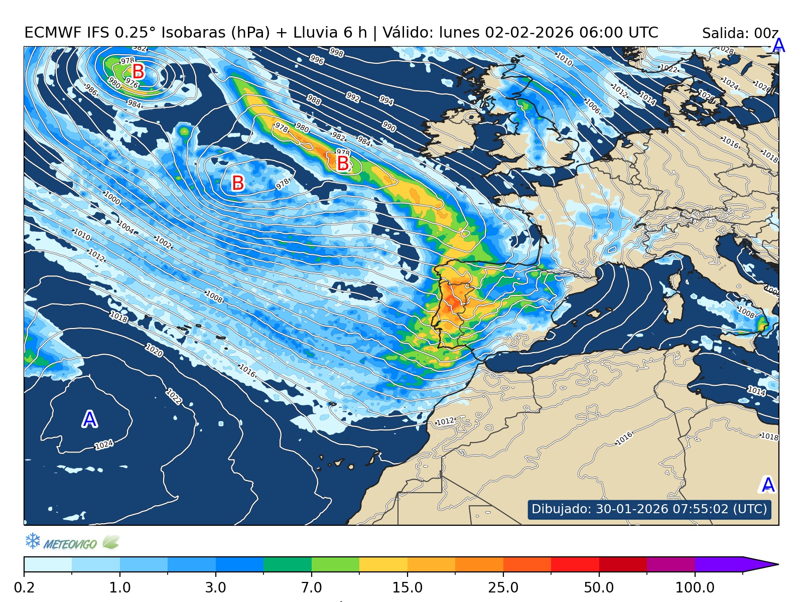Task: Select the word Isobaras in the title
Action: tap(194, 33)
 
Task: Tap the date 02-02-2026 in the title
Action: tap(529, 33)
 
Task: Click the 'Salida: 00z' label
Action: tap(740, 34)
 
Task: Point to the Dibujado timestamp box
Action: tap(649, 509)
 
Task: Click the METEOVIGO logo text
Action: tap(70, 544)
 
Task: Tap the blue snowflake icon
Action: tap(33, 541)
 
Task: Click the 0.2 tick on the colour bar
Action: tap(24, 587)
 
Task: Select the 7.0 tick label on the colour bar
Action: tap(312, 587)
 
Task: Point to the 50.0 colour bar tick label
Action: tap(599, 587)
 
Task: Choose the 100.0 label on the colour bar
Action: tap(695, 587)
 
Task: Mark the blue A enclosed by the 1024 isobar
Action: tap(89, 419)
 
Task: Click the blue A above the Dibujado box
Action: tap(768, 485)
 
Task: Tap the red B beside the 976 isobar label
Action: tap(138, 71)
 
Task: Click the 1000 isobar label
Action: tap(112, 198)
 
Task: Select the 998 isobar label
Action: tap(336, 52)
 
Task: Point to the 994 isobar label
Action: tap(386, 100)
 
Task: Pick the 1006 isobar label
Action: tap(592, 106)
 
